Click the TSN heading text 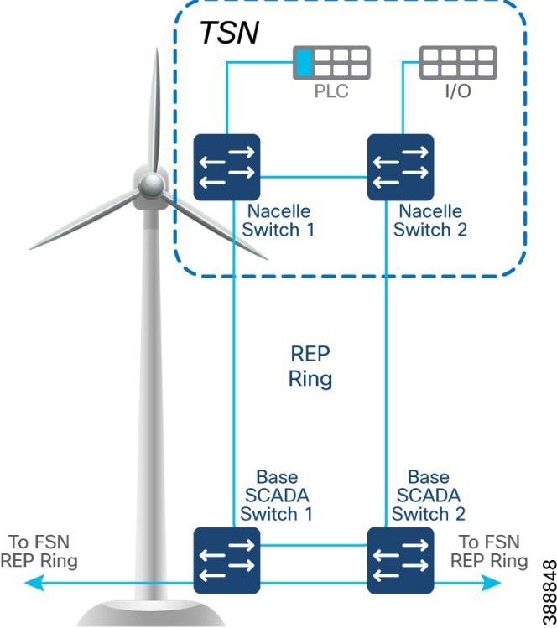229,33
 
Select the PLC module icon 331,63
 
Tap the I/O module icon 458,63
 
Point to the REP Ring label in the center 310,366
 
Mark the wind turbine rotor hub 151,184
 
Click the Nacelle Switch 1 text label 282,221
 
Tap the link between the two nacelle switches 315,177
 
